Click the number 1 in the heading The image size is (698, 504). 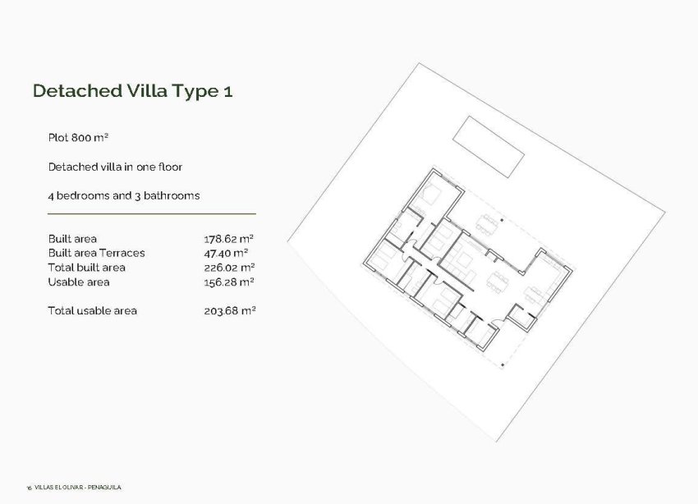click(x=227, y=91)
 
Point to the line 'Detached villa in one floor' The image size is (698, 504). click(x=115, y=167)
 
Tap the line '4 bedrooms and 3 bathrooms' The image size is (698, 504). click(x=124, y=195)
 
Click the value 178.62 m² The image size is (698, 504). click(x=229, y=239)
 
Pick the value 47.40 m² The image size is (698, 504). click(x=227, y=253)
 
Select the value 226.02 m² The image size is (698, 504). click(x=229, y=268)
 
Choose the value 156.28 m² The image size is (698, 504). click(x=229, y=282)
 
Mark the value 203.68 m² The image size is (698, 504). click(x=229, y=310)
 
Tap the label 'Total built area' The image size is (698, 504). click(x=87, y=268)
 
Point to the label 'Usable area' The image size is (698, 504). click(x=79, y=282)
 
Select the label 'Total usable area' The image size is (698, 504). click(x=93, y=310)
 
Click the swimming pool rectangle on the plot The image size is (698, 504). click(x=490, y=146)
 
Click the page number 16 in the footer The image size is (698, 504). click(x=29, y=488)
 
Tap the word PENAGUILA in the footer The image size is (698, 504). click(x=107, y=488)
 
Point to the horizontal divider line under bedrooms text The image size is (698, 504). click(x=152, y=213)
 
